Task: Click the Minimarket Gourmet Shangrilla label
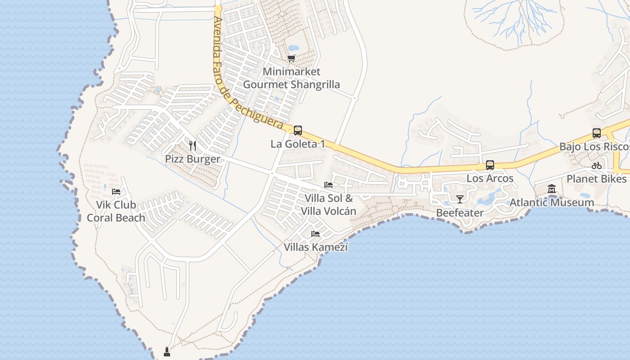(x=292, y=78)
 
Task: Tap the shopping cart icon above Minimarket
(x=292, y=58)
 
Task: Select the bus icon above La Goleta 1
(x=297, y=130)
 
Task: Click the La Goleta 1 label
(x=297, y=144)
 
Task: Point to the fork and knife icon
(x=193, y=145)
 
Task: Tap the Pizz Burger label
(x=193, y=159)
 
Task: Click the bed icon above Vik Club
(x=116, y=192)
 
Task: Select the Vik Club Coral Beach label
(x=116, y=211)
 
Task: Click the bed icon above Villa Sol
(x=328, y=185)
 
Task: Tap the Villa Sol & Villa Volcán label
(x=328, y=205)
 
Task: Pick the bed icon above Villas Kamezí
(x=315, y=234)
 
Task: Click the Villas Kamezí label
(x=315, y=247)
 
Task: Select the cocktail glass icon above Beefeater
(x=460, y=199)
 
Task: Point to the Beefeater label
(x=460, y=213)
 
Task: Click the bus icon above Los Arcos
(x=490, y=165)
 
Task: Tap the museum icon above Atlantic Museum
(x=552, y=189)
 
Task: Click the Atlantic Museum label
(x=552, y=202)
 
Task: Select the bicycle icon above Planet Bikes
(x=597, y=166)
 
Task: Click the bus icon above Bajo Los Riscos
(x=597, y=133)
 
